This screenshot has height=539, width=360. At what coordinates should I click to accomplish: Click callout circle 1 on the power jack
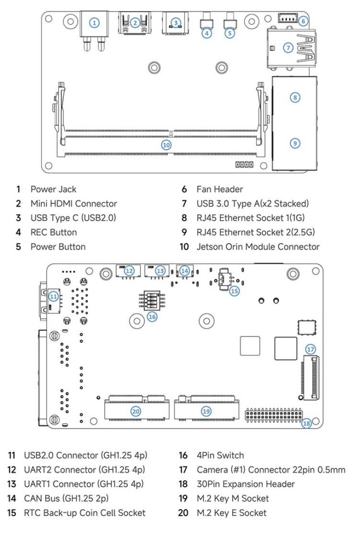click(x=94, y=23)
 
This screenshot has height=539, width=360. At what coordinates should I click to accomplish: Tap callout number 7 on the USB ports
click(x=288, y=48)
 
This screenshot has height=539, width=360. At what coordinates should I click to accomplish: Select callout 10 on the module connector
click(x=166, y=145)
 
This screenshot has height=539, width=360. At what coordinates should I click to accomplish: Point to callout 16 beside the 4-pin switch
click(x=152, y=317)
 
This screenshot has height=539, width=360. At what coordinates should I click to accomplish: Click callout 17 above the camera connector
click(x=310, y=349)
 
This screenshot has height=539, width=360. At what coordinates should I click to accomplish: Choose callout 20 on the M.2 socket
click(x=136, y=411)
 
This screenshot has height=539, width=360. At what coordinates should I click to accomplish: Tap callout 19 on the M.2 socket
click(x=206, y=411)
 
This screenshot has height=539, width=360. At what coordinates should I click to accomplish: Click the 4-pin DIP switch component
click(x=151, y=300)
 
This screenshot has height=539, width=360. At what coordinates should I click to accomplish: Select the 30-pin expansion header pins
click(x=274, y=414)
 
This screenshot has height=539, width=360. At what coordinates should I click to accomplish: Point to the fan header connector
click(x=288, y=18)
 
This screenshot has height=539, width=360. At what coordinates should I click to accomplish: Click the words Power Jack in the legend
click(x=53, y=189)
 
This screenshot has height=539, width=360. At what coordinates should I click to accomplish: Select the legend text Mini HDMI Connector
click(x=74, y=204)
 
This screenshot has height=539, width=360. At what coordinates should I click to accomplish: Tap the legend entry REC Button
click(x=54, y=232)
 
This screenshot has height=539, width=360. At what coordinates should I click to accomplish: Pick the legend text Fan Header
click(x=220, y=189)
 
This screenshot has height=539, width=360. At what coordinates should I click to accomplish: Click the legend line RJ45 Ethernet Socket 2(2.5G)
click(x=255, y=232)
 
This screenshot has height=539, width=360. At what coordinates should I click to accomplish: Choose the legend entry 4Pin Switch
click(x=220, y=455)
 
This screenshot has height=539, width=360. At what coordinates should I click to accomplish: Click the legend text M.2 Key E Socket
click(x=231, y=513)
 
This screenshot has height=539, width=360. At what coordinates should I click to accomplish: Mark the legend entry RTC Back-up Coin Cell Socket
click(x=85, y=513)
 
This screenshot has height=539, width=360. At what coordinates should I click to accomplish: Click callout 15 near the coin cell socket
click(x=234, y=291)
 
